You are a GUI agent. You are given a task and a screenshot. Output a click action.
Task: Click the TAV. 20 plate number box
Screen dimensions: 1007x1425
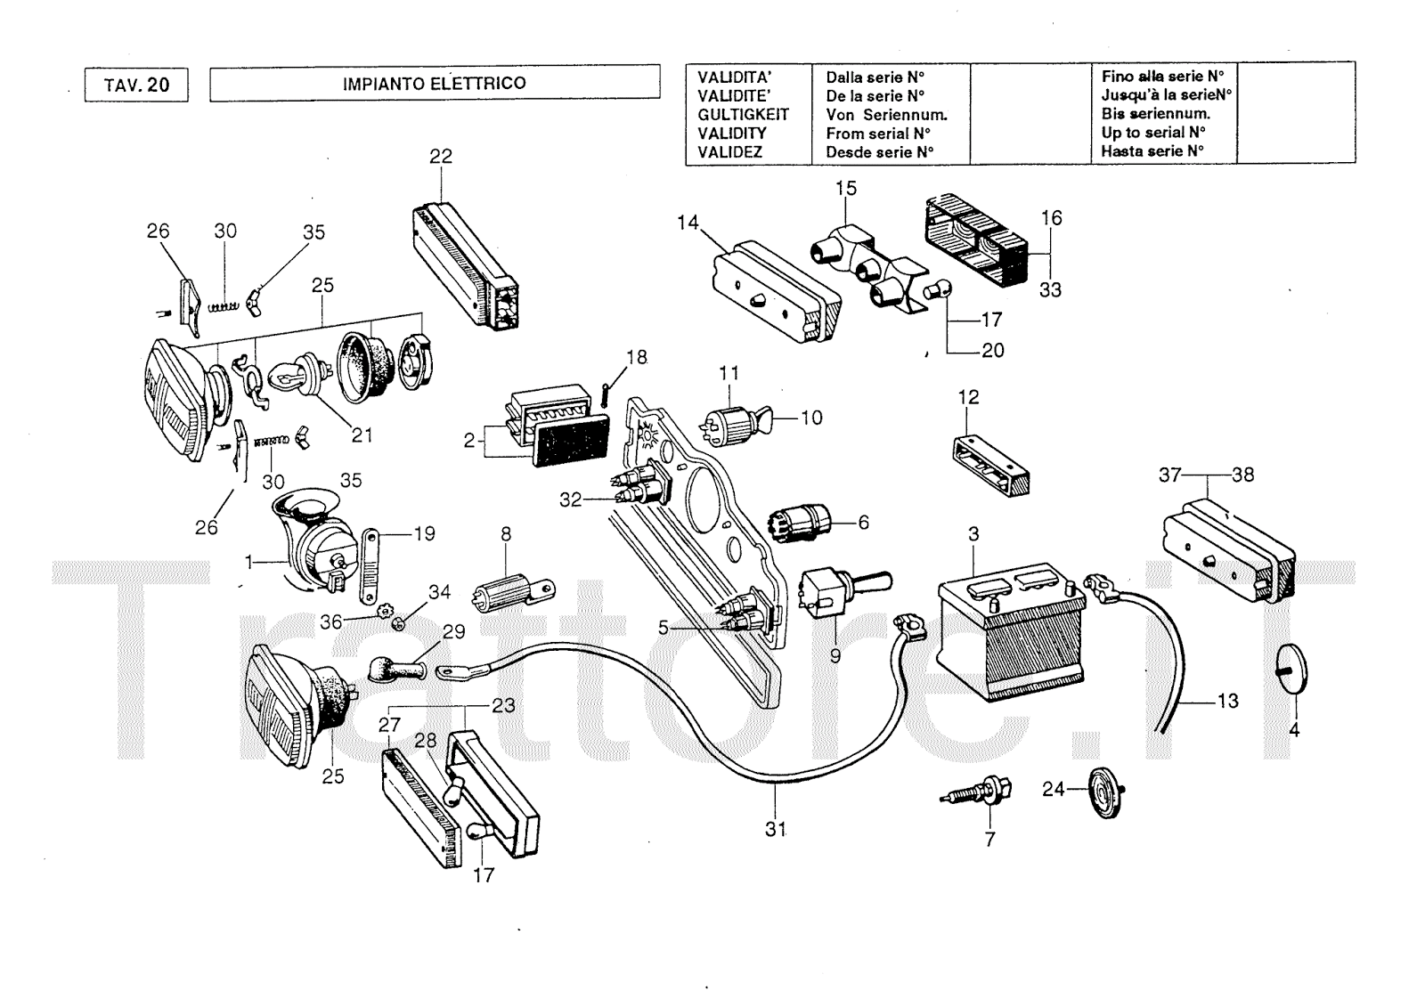point(136,85)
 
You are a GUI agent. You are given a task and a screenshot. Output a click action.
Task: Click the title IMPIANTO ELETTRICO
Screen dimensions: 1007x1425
point(434,84)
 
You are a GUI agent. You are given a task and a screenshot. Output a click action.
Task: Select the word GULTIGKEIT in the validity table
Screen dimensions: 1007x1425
point(743,115)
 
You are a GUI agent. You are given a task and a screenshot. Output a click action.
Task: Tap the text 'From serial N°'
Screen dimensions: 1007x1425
point(878,134)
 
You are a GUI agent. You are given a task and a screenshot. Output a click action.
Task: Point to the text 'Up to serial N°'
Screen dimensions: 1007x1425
point(1153,133)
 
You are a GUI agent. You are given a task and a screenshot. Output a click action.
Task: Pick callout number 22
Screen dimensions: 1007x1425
point(441,157)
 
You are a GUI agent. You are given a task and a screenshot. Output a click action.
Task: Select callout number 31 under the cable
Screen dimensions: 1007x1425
point(776,829)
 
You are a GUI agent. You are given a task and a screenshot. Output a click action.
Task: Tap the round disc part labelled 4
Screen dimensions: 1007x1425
point(1295,668)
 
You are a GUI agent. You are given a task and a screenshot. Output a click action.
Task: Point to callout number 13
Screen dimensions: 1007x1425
point(1227,702)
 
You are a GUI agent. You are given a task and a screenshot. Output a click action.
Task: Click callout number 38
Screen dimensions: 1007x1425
point(1242,475)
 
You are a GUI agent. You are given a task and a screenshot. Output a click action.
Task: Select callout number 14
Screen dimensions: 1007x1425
point(688,223)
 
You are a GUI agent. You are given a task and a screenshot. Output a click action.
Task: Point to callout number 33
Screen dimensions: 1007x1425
point(1051,290)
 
